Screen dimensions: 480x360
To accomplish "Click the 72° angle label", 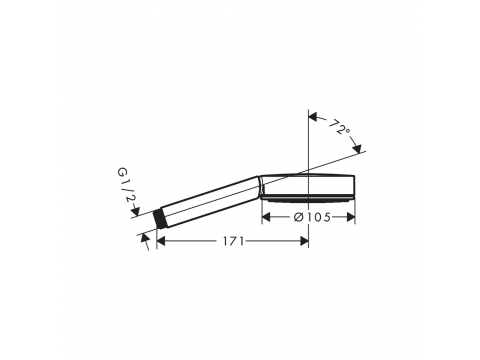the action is [x=340, y=127].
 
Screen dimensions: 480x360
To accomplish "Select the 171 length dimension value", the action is [x=234, y=241].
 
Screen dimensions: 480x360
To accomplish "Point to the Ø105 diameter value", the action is [x=312, y=217].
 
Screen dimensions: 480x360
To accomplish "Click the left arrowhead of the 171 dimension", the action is [x=161, y=241].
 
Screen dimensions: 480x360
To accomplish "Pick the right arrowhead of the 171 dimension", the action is [x=304, y=241].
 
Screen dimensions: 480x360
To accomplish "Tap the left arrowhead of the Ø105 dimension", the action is [x=266, y=217].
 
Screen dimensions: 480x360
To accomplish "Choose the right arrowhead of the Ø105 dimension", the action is [x=351, y=217].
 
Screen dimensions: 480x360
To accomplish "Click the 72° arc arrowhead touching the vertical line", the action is [x=313, y=117].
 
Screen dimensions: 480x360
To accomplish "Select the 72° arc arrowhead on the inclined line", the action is [x=357, y=149].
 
